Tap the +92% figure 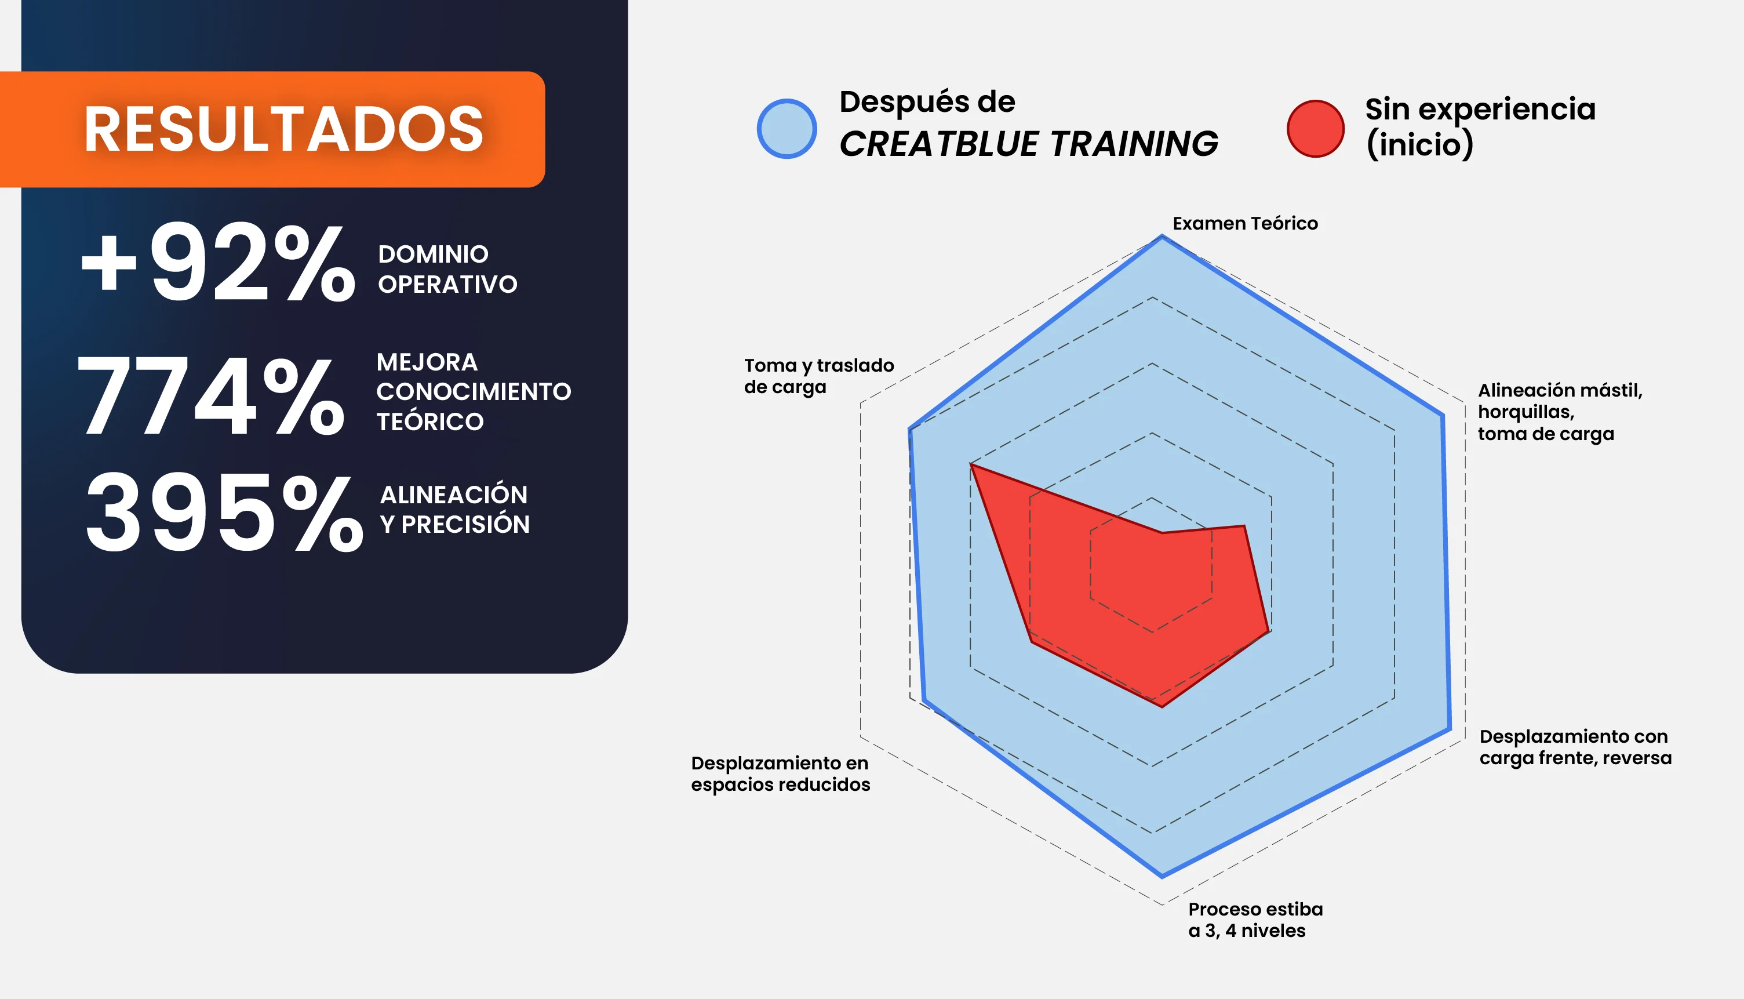[x=218, y=262]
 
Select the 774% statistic [x=211, y=396]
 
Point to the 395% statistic [x=224, y=513]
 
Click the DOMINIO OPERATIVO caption [x=447, y=269]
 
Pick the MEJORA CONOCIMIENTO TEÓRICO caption [x=473, y=392]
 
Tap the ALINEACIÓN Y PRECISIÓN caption [x=454, y=509]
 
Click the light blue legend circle [x=787, y=129]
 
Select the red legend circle [x=1315, y=129]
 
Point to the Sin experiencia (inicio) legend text [x=1480, y=126]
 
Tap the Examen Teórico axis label [x=1245, y=224]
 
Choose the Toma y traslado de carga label [x=819, y=376]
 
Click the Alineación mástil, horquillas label [x=1560, y=412]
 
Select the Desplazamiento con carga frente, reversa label [x=1575, y=747]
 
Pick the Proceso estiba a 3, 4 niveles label [x=1255, y=920]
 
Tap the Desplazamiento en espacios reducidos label [x=781, y=773]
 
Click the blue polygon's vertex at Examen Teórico [x=1162, y=237]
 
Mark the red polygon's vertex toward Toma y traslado [x=971, y=465]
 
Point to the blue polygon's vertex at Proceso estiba [x=1162, y=876]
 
